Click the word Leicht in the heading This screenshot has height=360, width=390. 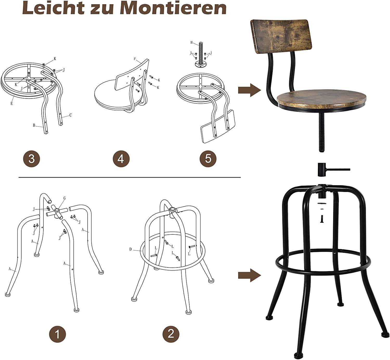[x=53, y=8]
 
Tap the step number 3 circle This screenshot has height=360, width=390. [x=32, y=159]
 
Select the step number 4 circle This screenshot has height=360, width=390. [x=121, y=159]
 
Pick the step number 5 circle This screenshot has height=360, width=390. [x=208, y=159]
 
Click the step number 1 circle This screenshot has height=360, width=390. [x=57, y=334]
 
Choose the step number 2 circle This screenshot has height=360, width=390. [x=171, y=334]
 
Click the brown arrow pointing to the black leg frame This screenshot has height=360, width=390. [x=249, y=276]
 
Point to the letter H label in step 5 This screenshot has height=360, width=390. [x=192, y=42]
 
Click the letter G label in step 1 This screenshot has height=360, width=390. [x=64, y=198]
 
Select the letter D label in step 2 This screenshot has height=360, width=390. [x=131, y=249]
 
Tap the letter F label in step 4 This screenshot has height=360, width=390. [x=135, y=59]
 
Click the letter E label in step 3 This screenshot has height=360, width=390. [x=12, y=103]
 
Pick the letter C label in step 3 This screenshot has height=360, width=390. [x=70, y=115]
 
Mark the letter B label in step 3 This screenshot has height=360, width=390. [x=34, y=125]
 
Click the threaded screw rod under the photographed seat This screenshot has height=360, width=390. [x=321, y=130]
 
